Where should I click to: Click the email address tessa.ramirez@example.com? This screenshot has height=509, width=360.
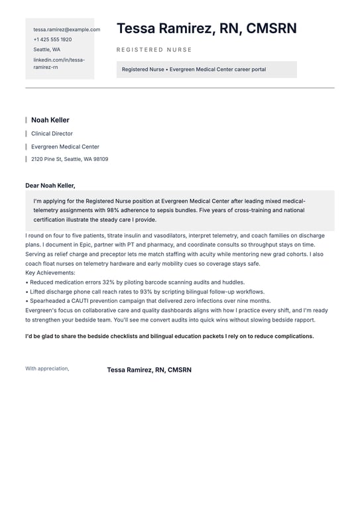tap(67, 29)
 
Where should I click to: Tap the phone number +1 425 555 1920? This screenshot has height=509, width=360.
tap(52, 39)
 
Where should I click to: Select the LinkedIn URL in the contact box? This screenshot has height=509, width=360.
tap(59, 63)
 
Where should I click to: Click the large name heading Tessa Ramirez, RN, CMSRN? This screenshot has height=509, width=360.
tap(207, 28)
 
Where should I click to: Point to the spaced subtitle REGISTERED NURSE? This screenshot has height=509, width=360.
tap(154, 50)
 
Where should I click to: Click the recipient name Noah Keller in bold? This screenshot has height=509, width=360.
tap(50, 120)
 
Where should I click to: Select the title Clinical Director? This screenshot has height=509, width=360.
tap(52, 134)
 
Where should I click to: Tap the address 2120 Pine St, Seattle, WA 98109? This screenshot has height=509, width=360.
tap(70, 159)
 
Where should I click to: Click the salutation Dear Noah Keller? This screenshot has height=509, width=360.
tap(50, 186)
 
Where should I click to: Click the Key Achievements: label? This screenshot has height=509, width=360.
tap(50, 272)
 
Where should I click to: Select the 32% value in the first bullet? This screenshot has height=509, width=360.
tap(109, 282)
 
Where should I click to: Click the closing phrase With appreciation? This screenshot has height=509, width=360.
tap(47, 368)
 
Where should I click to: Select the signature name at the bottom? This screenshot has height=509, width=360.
tap(149, 370)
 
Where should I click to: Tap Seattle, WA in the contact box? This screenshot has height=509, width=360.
tap(47, 50)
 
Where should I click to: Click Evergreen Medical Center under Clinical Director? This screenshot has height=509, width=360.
tap(65, 146)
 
